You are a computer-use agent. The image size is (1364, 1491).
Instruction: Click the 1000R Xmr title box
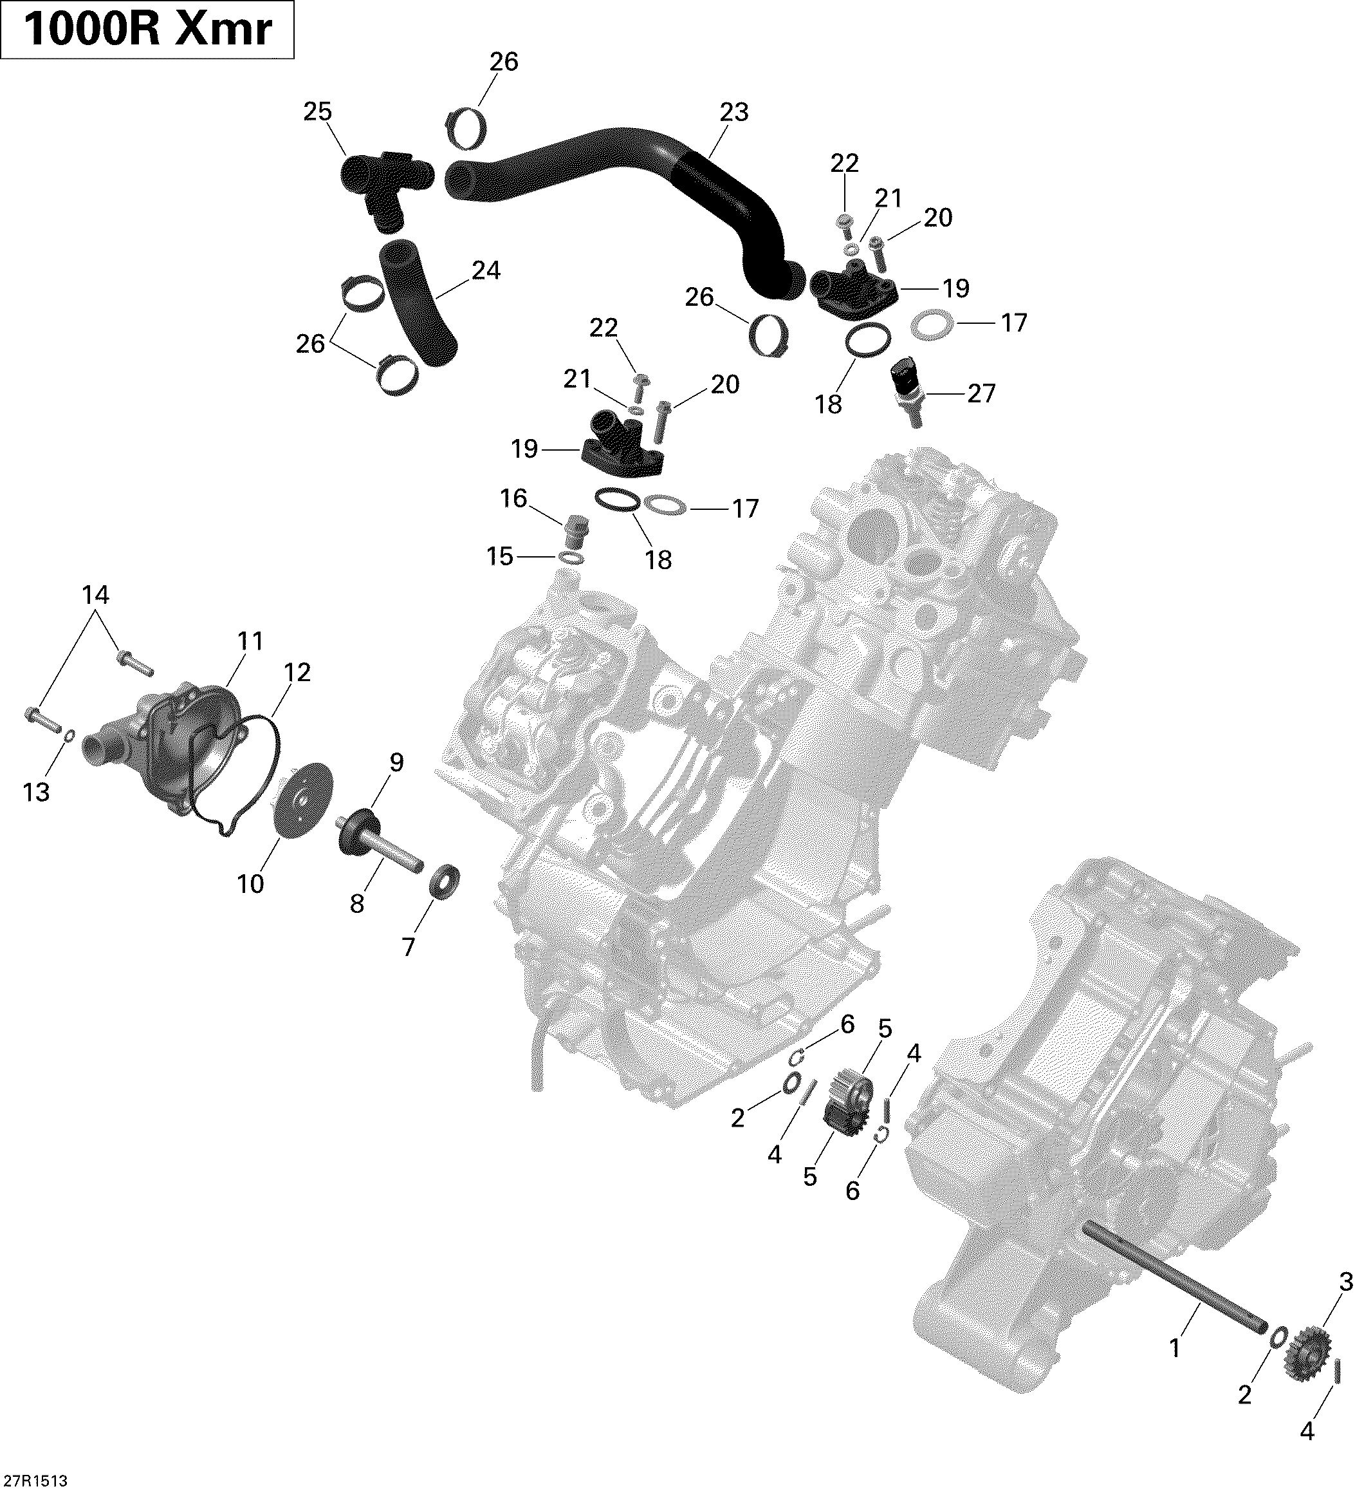click(x=148, y=30)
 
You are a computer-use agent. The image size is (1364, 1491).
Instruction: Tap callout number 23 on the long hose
click(x=734, y=113)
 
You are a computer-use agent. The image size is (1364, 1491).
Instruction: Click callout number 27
click(x=981, y=394)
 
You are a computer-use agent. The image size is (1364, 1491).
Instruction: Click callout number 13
click(x=36, y=792)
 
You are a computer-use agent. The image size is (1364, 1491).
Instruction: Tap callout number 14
click(x=95, y=595)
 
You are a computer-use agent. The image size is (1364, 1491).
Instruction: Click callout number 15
click(x=500, y=556)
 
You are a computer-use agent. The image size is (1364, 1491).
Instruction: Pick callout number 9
click(x=396, y=762)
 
